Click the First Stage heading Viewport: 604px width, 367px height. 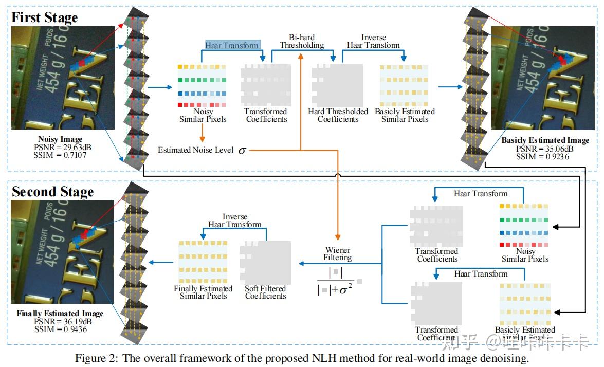click(x=44, y=17)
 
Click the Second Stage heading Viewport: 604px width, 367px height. click(x=52, y=192)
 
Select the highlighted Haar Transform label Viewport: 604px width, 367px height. click(x=232, y=45)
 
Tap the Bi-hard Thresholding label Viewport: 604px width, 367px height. click(x=302, y=41)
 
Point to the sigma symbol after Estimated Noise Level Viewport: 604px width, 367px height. click(x=242, y=151)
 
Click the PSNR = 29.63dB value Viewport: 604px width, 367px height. click(x=60, y=147)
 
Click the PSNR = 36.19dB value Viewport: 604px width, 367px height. click(x=60, y=321)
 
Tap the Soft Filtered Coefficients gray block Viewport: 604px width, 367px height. click(x=265, y=263)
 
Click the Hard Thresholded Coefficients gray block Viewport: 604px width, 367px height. click(x=337, y=85)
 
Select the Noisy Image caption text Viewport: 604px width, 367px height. click(x=60, y=139)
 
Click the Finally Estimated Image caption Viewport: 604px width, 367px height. click(x=60, y=314)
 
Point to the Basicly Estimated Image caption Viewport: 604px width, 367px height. click(x=545, y=140)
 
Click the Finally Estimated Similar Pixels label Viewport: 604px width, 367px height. click(x=203, y=292)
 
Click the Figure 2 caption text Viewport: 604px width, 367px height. click(x=302, y=358)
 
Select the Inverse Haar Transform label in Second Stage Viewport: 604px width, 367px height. click(x=235, y=221)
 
